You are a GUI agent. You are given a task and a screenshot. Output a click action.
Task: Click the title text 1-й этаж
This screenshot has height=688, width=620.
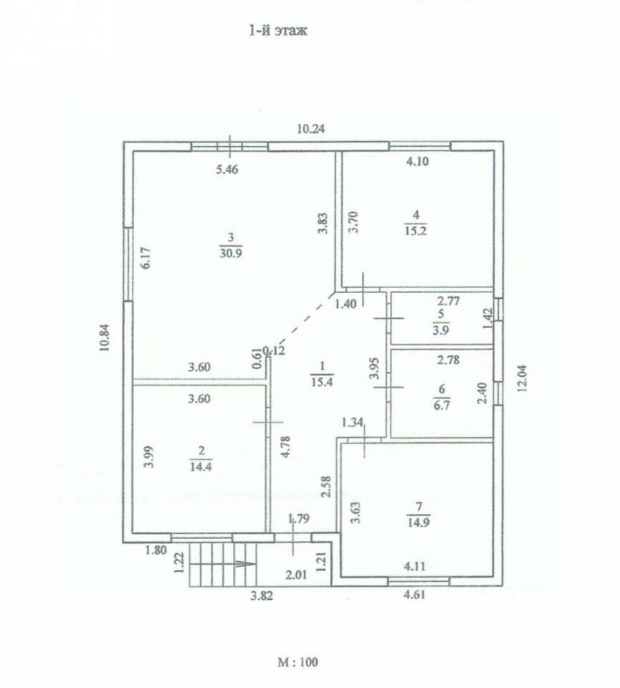pyautogui.click(x=277, y=31)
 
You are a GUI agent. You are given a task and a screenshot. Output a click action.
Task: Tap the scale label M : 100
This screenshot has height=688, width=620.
pyautogui.click(x=297, y=662)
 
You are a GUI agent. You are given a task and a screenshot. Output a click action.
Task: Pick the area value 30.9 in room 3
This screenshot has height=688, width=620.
pyautogui.click(x=230, y=251)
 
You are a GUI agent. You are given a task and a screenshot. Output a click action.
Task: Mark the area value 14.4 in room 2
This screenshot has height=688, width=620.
pyautogui.click(x=201, y=464)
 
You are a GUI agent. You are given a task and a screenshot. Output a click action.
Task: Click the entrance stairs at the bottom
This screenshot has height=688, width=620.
pyautogui.click(x=222, y=564)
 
